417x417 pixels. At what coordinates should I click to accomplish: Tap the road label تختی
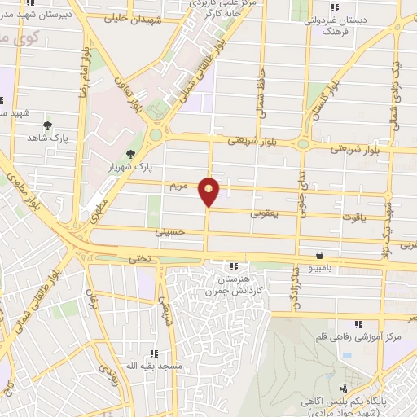pyautogui.click(x=134, y=257)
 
